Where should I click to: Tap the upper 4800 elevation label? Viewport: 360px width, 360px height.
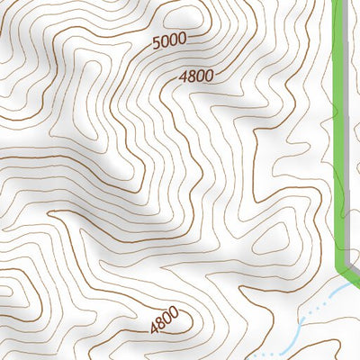pos(196,76)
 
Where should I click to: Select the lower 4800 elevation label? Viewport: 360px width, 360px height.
pos(164,320)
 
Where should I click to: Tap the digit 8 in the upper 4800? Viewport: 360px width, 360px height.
pos(192,77)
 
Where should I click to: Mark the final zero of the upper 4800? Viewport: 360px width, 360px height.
pos(209,76)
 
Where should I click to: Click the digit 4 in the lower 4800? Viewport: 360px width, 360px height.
pos(153,328)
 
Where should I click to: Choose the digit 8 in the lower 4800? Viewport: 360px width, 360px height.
pos(160,324)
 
